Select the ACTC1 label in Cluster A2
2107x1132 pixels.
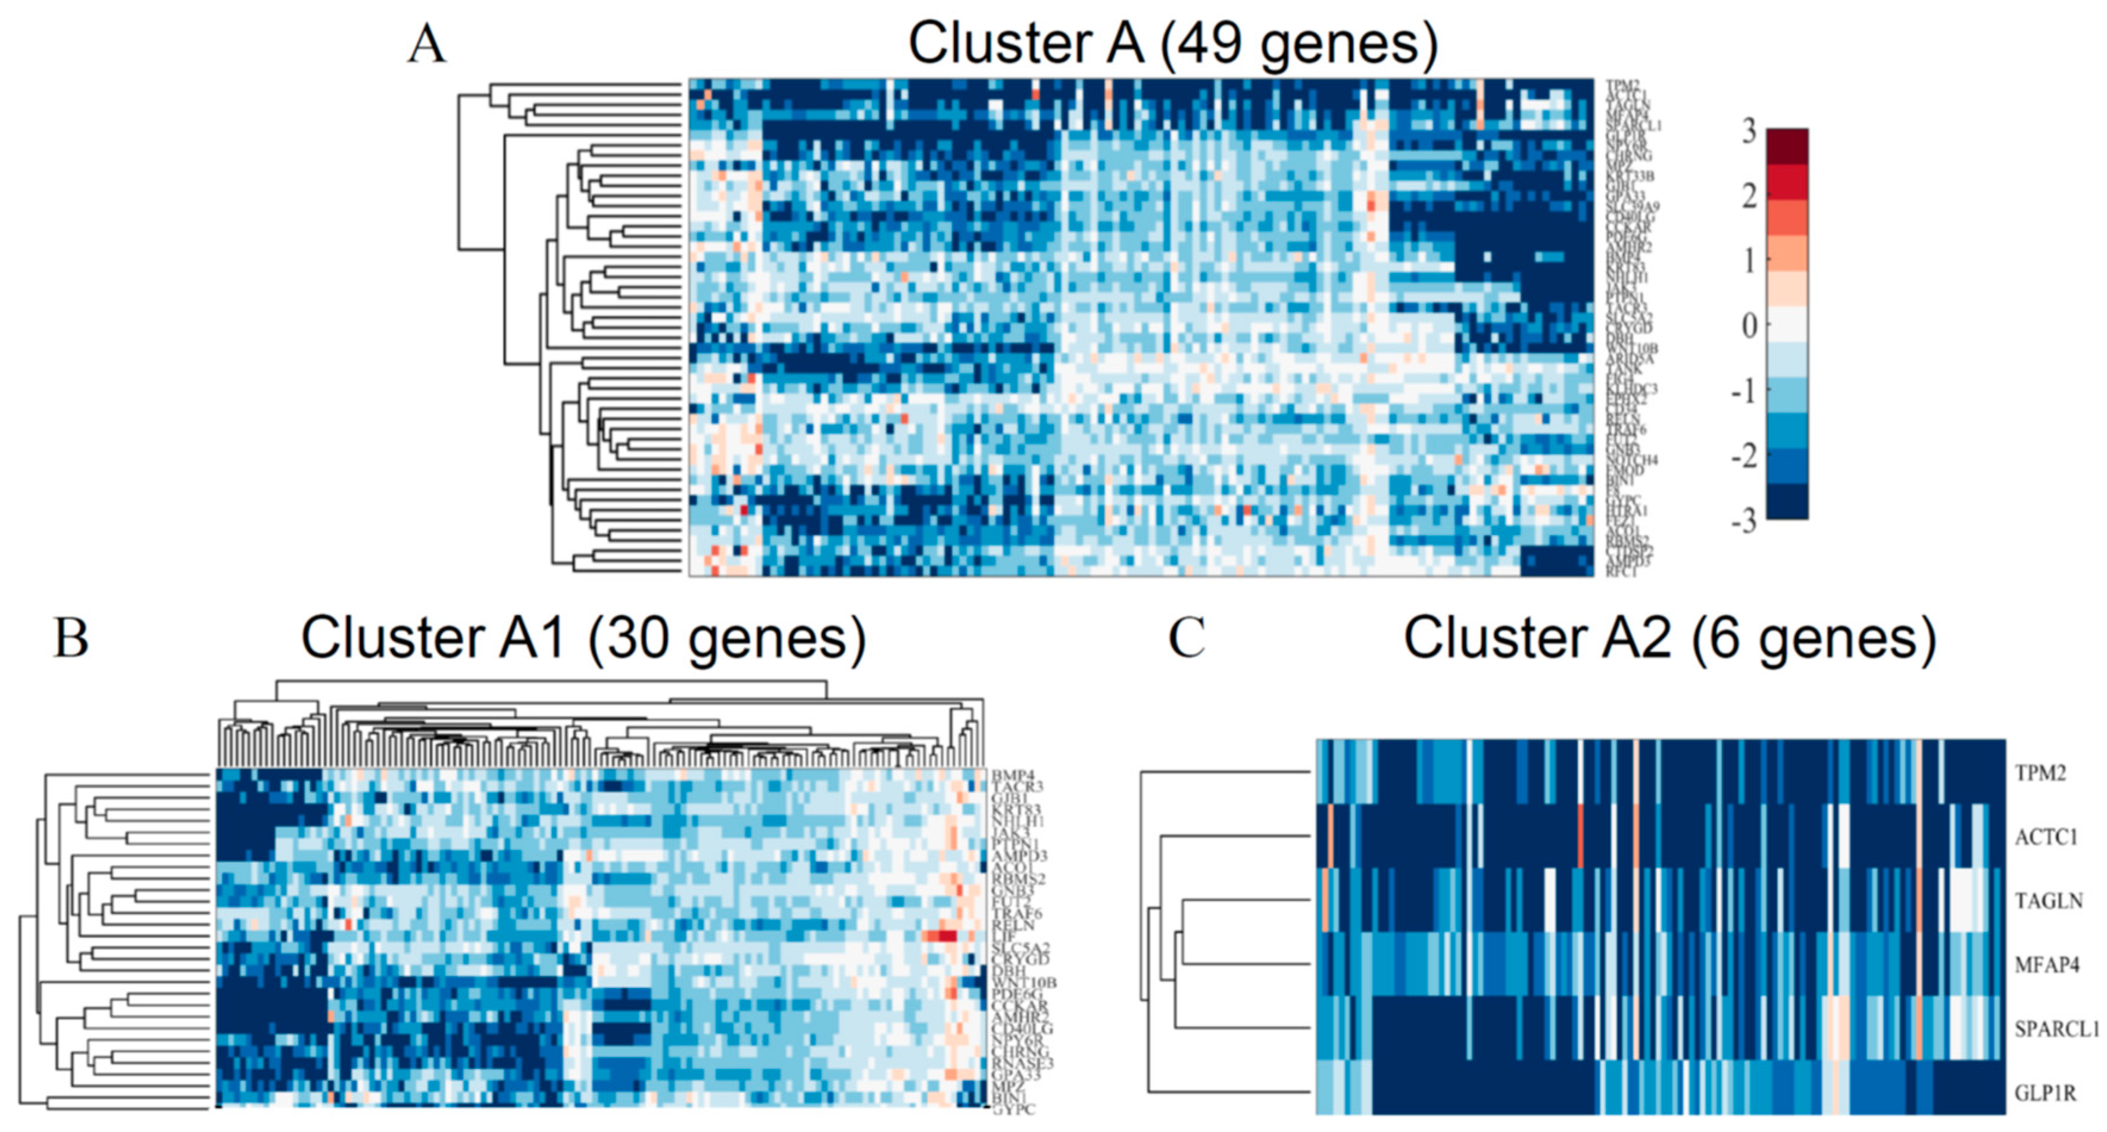pos(2046,837)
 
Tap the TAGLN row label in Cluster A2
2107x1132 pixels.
pos(2047,900)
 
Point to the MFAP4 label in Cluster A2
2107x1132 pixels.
pos(2046,965)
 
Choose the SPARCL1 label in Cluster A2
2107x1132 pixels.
pos(2055,1029)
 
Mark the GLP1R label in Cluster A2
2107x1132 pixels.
pos(2045,1093)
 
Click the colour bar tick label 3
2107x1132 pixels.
pos(1748,131)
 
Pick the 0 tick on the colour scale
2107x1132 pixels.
pos(1748,326)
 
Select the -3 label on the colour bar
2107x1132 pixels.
pos(1743,520)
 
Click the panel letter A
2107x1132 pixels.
pos(426,45)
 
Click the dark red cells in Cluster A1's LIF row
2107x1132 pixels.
pos(940,935)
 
